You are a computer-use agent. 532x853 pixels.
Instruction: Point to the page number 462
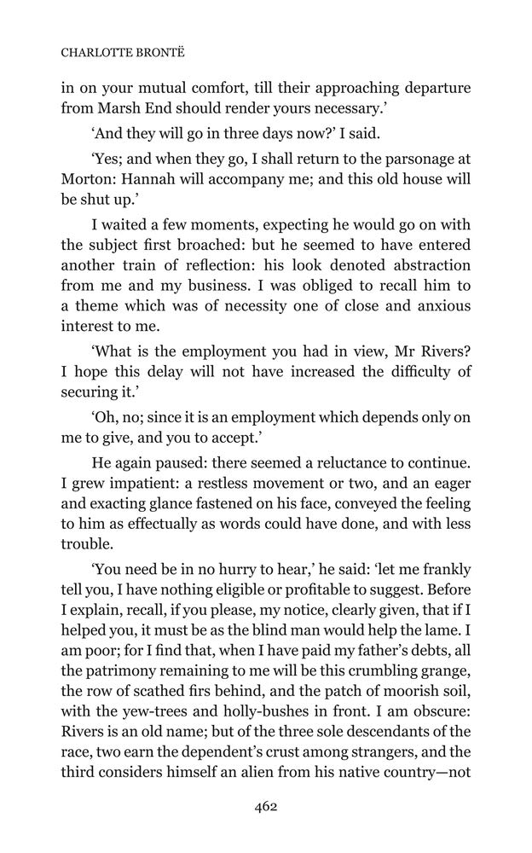pyautogui.click(x=265, y=806)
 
